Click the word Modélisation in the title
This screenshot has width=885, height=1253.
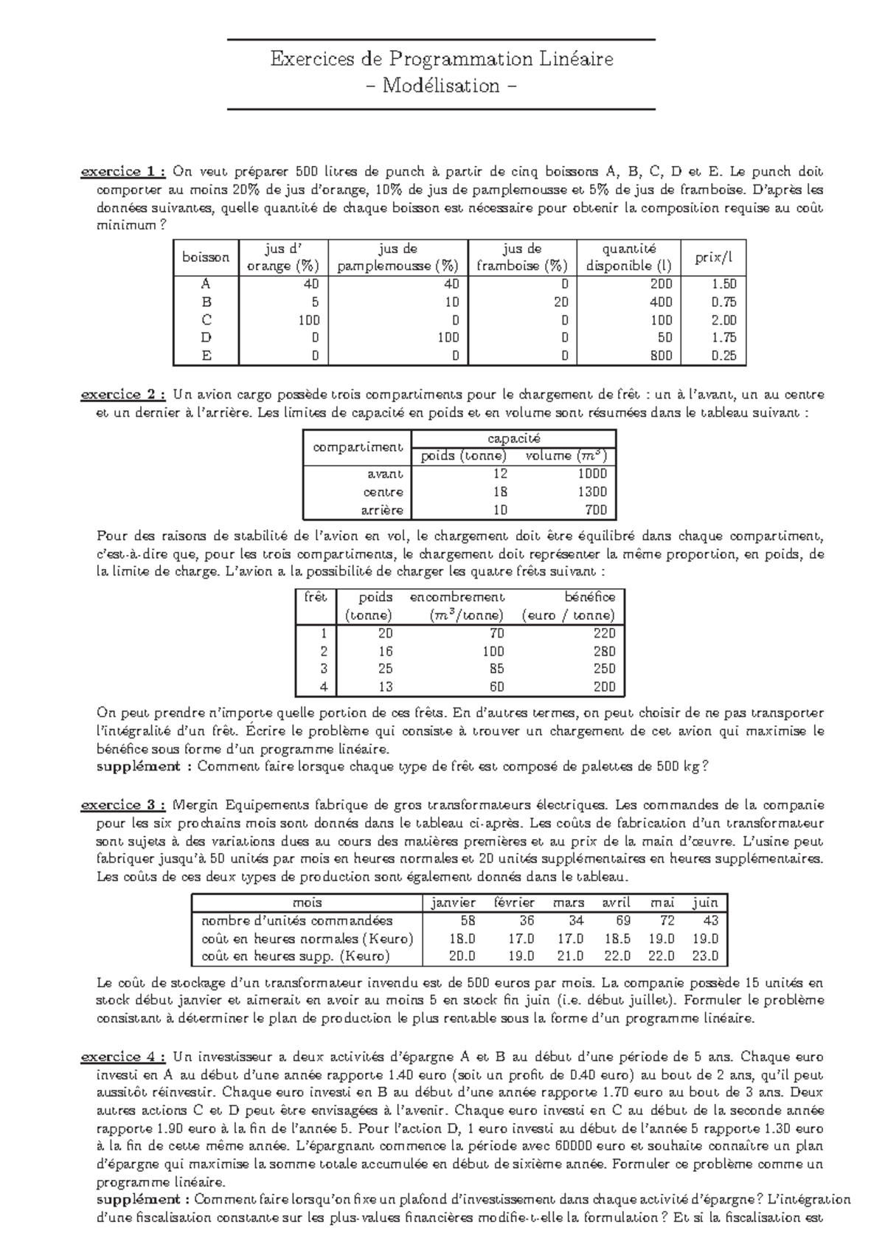click(x=441, y=86)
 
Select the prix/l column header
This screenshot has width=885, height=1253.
click(x=714, y=257)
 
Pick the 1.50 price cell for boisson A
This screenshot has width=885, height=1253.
click(x=723, y=284)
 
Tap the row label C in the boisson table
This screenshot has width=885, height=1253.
click(x=206, y=320)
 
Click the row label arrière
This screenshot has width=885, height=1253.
click(x=383, y=510)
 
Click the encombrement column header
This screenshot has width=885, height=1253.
click(x=457, y=597)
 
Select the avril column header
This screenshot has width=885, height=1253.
click(x=616, y=902)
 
